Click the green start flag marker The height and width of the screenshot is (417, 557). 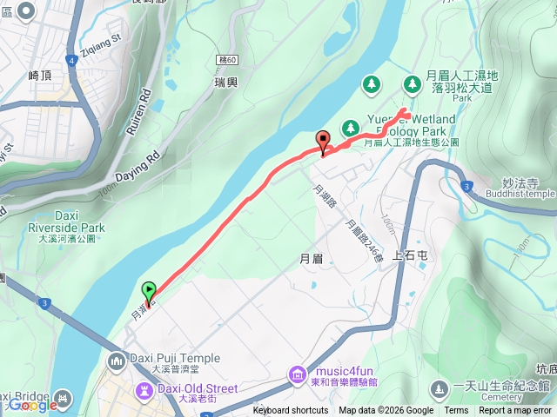(149, 292)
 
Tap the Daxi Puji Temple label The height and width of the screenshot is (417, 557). (167, 358)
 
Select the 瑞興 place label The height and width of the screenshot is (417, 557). (225, 81)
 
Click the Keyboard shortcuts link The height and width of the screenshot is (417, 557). (291, 411)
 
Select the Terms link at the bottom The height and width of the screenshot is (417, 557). (456, 411)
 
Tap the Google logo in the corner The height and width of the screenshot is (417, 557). (32, 405)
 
